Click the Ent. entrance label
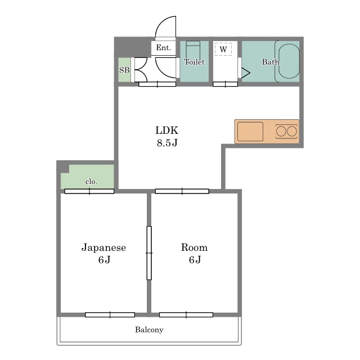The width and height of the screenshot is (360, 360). pos(164,48)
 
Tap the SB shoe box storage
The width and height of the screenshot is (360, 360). pos(124,70)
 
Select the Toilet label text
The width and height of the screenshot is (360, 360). pos(194,62)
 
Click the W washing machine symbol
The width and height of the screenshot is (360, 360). pos(223,49)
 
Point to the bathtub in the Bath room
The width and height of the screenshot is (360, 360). pos(289,61)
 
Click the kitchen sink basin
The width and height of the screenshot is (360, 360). pos(250,132)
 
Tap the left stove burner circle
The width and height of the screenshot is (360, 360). pos(281,132)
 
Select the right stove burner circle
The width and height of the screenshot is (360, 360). pos(292,132)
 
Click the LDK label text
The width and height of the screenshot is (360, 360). pos(167,130)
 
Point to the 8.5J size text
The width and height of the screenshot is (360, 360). pos(167,143)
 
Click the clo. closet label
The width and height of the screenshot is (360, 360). pos(91,182)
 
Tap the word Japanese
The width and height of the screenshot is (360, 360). pos(103,247)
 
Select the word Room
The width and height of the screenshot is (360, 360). pos(194,247)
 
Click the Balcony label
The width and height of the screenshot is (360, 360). pos(149,330)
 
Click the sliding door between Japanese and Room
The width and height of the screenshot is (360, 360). pos(149,253)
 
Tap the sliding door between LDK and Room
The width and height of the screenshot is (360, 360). pos(182,191)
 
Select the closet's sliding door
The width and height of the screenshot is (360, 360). pos(89,191)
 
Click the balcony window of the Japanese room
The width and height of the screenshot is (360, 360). pos(110,314)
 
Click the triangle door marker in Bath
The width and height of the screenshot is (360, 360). pos(245,73)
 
